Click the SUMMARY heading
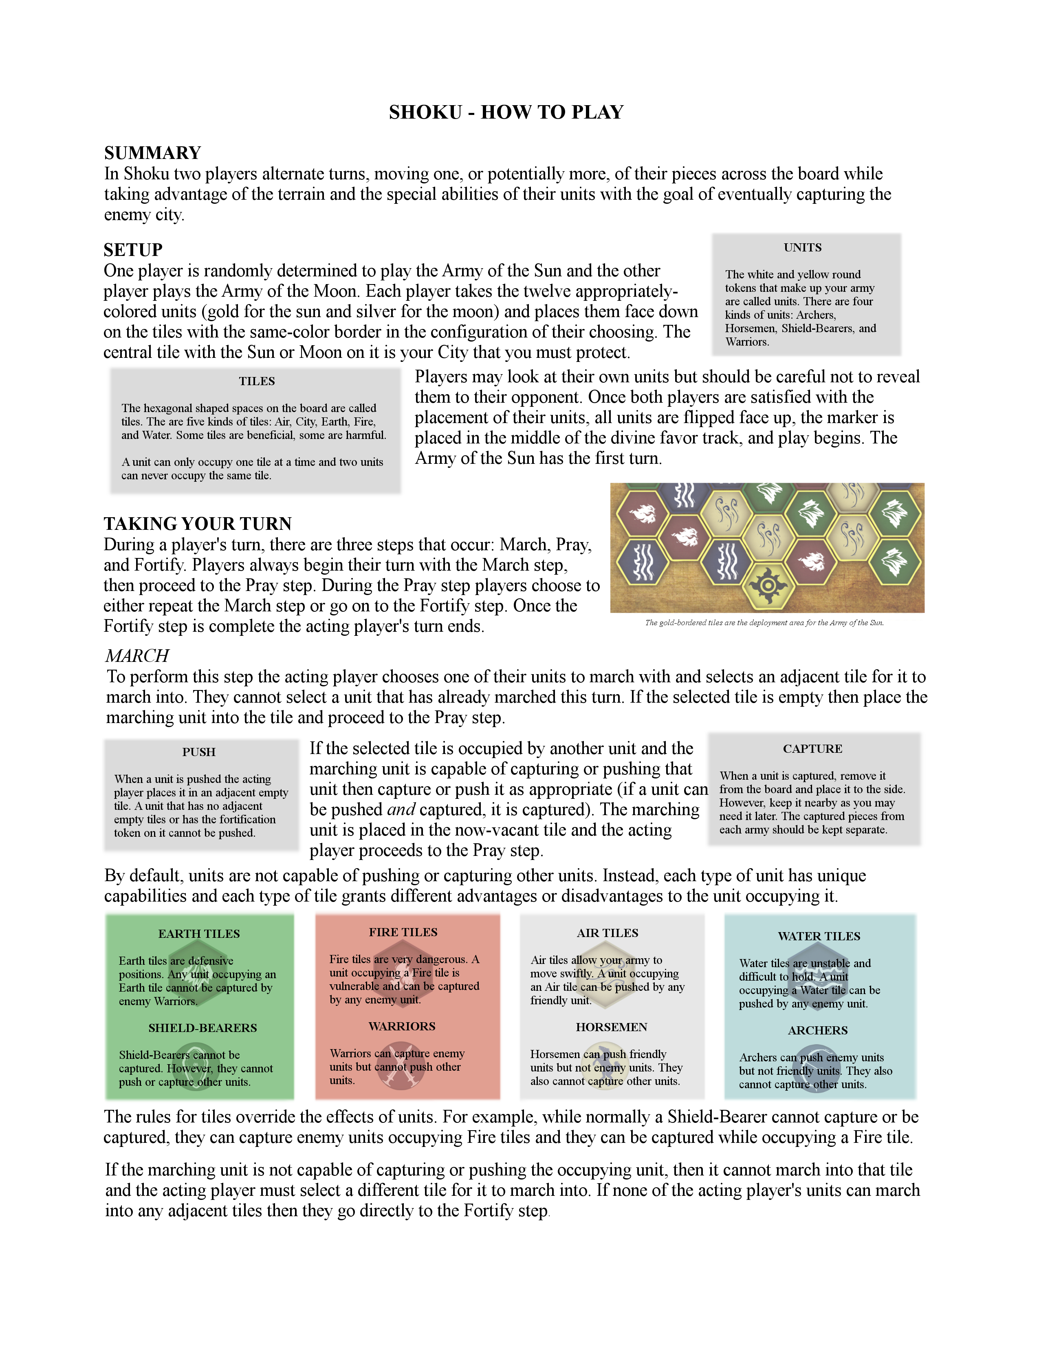(x=153, y=153)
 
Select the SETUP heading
(x=133, y=249)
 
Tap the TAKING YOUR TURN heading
(x=198, y=523)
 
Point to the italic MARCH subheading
(x=136, y=655)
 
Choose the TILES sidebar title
(x=257, y=381)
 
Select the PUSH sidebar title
(x=199, y=752)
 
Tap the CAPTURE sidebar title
(x=812, y=749)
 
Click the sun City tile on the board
(x=767, y=584)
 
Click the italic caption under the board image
(x=764, y=623)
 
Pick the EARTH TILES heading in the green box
(x=199, y=934)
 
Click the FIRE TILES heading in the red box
(x=403, y=932)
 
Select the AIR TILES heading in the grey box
(x=608, y=933)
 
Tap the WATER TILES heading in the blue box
(x=819, y=936)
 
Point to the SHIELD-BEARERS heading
(x=203, y=1028)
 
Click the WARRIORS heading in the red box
(x=402, y=1026)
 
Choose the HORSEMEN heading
(x=611, y=1027)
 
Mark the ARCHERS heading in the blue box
(x=817, y=1030)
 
